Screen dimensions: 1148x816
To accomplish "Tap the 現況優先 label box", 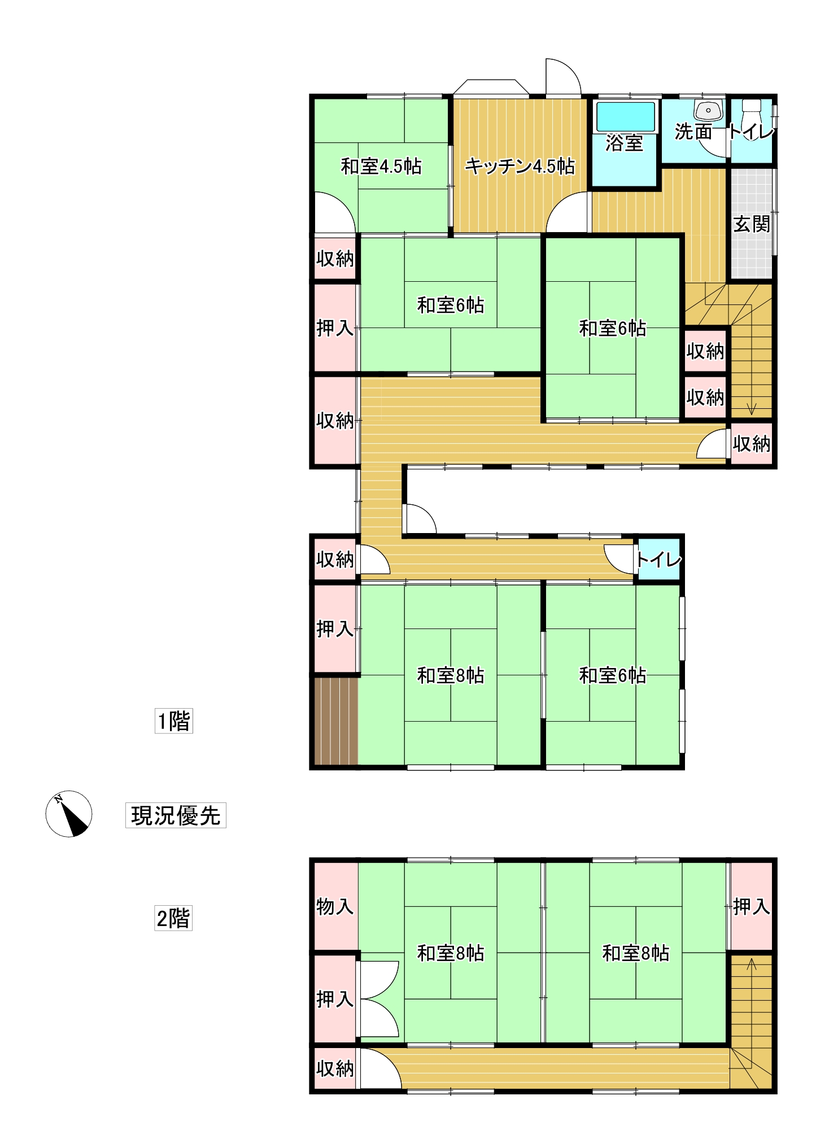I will click(x=176, y=815).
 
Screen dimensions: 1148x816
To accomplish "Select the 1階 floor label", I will click(x=174, y=721).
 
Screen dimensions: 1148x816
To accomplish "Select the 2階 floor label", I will click(x=173, y=918).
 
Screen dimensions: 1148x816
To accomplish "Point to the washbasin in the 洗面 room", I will click(x=709, y=110).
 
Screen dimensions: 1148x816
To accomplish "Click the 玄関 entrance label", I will click(x=752, y=224).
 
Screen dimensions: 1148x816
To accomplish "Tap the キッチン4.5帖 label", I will click(x=520, y=166).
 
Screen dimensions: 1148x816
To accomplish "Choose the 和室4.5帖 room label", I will click(x=381, y=167).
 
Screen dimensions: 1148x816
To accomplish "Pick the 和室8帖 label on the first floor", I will click(x=450, y=675).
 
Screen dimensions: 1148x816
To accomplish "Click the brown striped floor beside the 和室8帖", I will click(x=336, y=721).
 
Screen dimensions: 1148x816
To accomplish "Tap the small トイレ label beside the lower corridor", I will click(x=658, y=560).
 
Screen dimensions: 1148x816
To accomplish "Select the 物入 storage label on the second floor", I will click(x=335, y=907).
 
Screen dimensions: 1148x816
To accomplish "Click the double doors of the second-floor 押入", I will click(x=378, y=999).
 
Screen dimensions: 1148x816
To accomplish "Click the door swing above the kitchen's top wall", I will click(x=563, y=77).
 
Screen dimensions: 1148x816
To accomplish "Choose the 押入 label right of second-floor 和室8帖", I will click(x=751, y=907).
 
